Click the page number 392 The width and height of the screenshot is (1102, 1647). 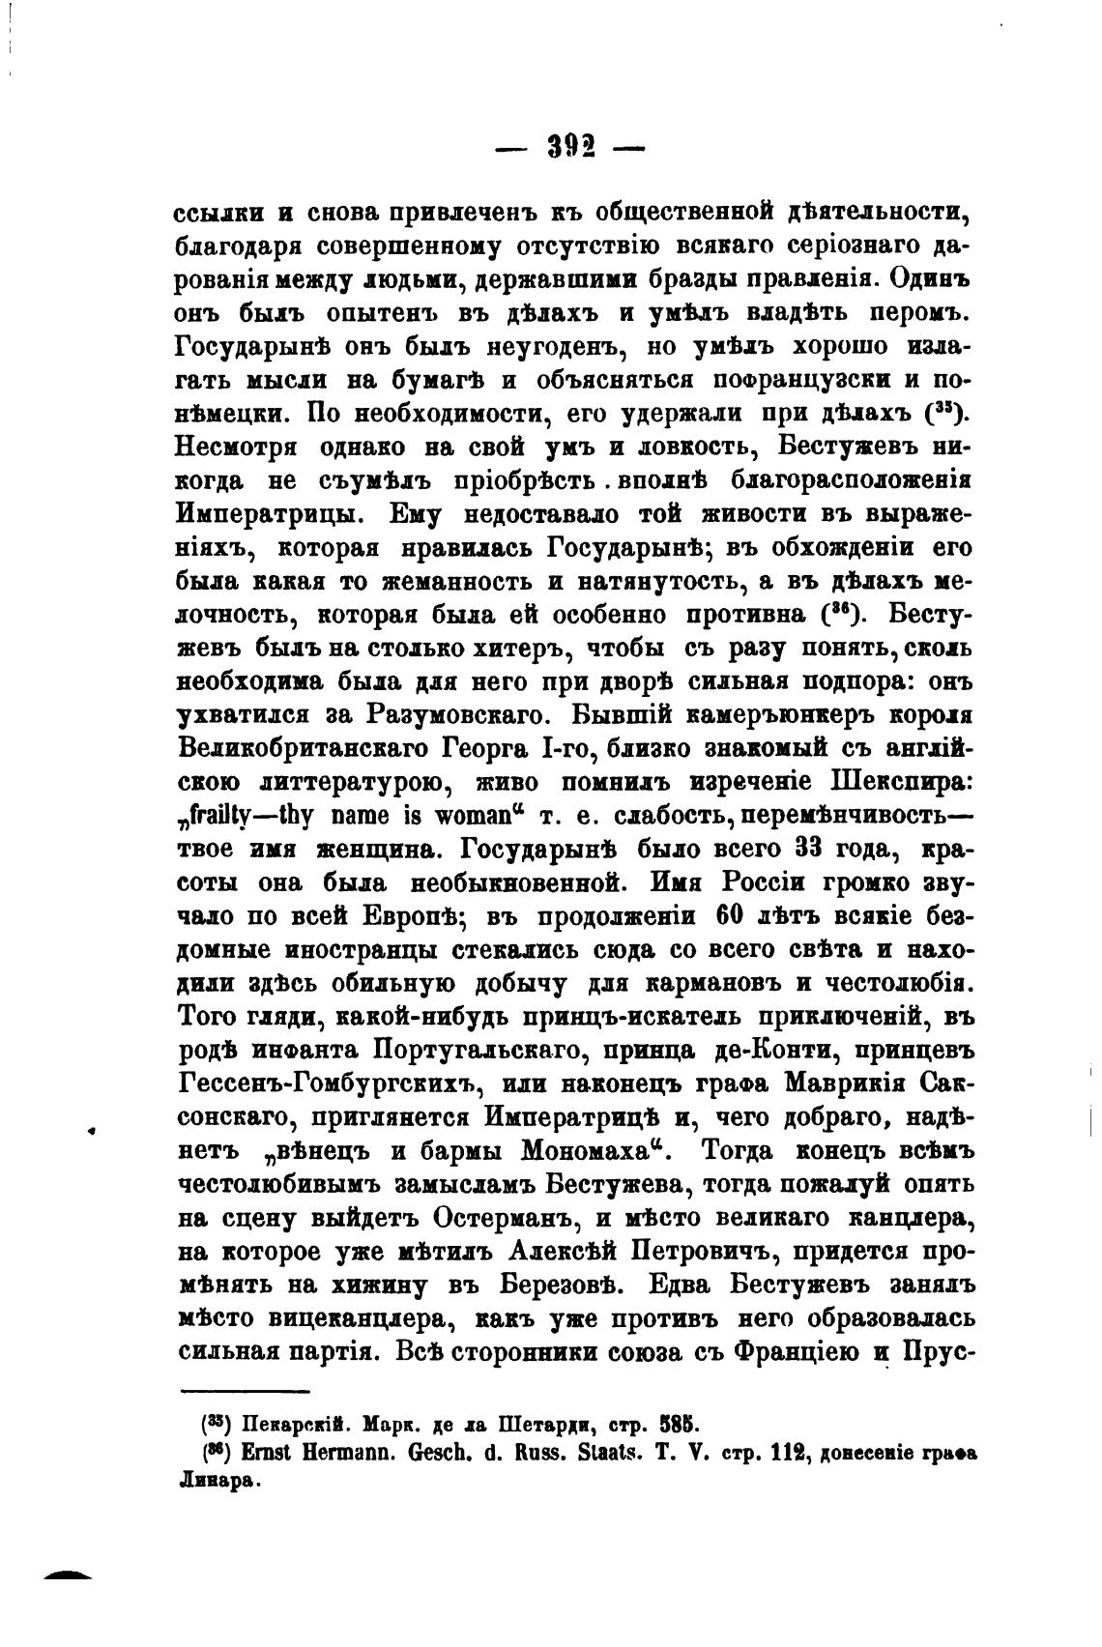point(570,147)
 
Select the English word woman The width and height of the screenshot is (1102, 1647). point(473,816)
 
